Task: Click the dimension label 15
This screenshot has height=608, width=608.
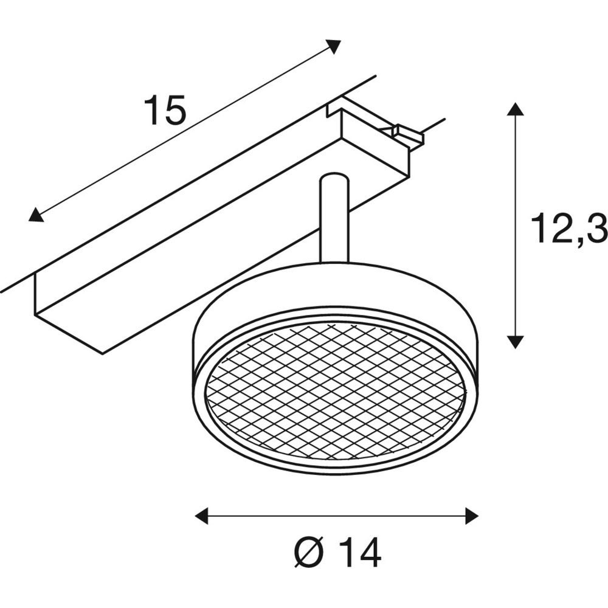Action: coord(164,111)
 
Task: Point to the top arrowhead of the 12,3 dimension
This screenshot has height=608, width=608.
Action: coord(516,109)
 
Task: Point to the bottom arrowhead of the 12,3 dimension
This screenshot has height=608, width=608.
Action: coord(516,342)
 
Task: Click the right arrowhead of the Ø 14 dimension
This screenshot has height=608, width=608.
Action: coord(471,516)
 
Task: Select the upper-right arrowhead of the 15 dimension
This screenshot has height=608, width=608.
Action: coord(333,46)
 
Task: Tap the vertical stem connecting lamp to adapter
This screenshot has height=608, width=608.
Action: coord(334,225)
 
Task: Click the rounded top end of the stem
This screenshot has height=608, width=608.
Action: coord(334,178)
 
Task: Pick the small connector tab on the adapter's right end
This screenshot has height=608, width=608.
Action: coord(406,135)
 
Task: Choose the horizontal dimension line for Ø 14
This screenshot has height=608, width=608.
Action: coord(336,516)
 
